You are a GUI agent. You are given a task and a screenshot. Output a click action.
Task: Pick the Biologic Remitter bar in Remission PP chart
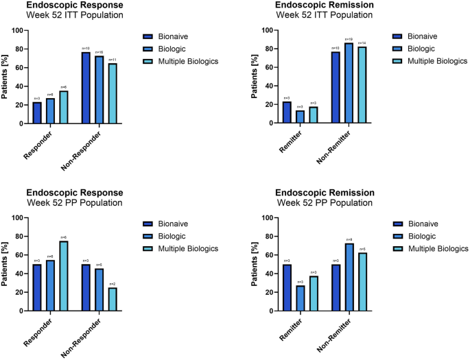301,298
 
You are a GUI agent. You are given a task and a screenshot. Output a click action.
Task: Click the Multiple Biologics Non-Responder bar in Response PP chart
111,299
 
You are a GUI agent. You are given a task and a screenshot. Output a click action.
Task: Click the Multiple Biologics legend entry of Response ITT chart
189,60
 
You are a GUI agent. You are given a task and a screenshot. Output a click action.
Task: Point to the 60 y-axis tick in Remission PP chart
273,255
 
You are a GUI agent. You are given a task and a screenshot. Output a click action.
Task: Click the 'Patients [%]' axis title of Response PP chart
6,264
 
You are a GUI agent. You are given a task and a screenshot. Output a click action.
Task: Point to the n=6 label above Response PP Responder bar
63,237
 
